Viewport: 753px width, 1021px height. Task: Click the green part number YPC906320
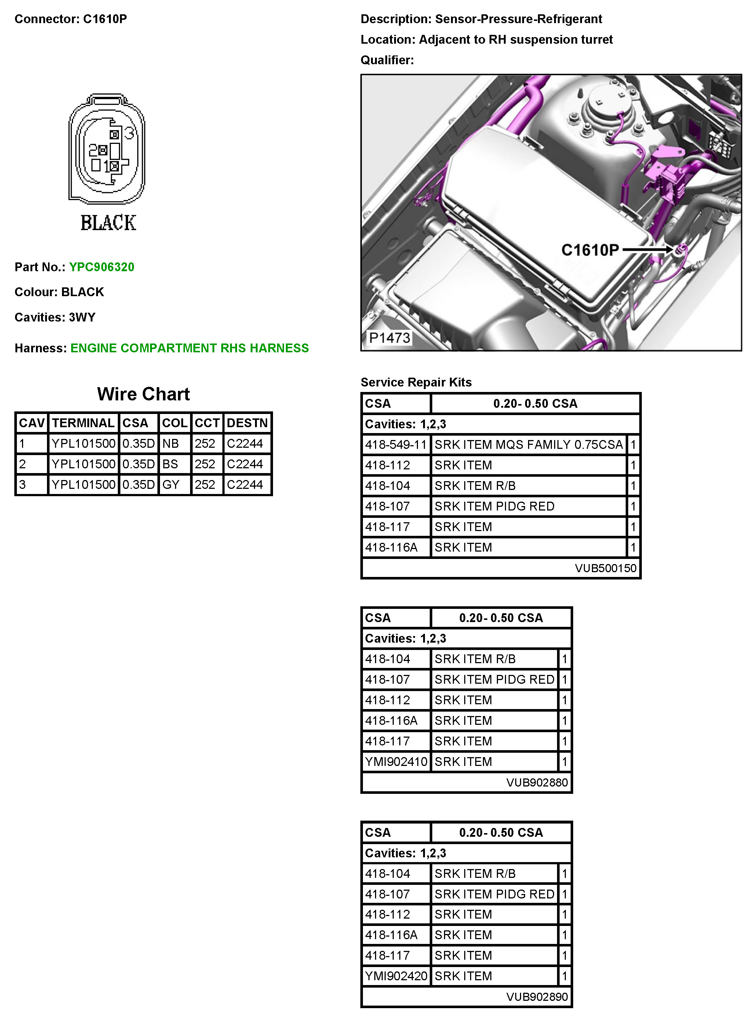click(102, 267)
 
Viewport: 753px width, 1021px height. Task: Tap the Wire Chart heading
click(143, 394)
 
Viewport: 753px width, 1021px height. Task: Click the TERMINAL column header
click(83, 423)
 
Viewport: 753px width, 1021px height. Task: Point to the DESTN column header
click(247, 423)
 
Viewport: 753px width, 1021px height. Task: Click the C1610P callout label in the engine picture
click(590, 250)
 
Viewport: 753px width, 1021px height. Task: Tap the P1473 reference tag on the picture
click(389, 338)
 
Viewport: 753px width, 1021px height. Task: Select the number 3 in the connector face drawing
click(130, 133)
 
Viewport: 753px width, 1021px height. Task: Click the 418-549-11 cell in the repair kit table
click(396, 444)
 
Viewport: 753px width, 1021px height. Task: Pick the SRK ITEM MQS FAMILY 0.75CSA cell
click(528, 444)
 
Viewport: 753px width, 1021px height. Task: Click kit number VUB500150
click(605, 568)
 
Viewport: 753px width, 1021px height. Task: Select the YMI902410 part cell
click(396, 762)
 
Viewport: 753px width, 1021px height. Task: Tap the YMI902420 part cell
click(396, 976)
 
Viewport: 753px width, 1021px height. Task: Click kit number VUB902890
click(537, 997)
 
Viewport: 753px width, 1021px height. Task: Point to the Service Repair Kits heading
click(416, 382)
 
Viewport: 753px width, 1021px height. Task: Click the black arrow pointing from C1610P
click(647, 249)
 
